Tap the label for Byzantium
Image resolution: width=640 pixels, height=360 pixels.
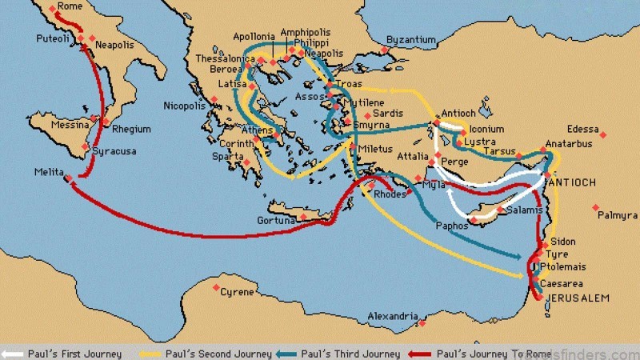pyautogui.click(x=410, y=39)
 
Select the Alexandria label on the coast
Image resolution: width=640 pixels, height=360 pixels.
pyautogui.click(x=393, y=316)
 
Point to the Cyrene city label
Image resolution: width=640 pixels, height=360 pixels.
pyautogui.click(x=237, y=292)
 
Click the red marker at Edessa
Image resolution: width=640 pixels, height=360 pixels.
pyautogui.click(x=602, y=134)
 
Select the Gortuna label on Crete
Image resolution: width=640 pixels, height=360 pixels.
pyautogui.click(x=276, y=219)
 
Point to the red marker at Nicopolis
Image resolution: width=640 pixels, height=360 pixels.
pyautogui.click(x=214, y=99)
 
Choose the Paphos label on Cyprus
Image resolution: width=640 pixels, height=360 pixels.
pyautogui.click(x=452, y=226)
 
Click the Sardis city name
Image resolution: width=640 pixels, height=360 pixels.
pyautogui.click(x=389, y=114)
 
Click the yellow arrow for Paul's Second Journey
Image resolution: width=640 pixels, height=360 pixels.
pyautogui.click(x=146, y=353)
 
